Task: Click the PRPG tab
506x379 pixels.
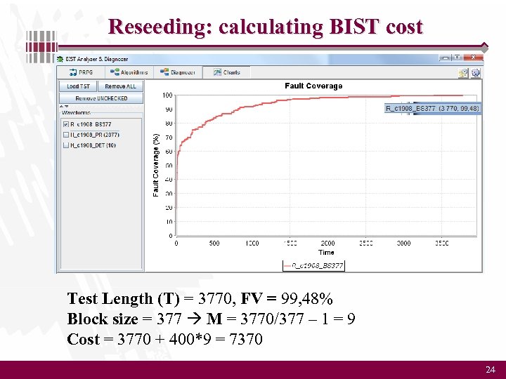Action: point(82,72)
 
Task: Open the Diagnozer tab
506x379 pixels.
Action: point(178,72)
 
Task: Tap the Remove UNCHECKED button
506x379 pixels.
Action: point(101,98)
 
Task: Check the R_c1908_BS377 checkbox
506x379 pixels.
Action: point(65,124)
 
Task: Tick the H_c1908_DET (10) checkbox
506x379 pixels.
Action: point(65,145)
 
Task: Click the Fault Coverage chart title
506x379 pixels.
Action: point(313,86)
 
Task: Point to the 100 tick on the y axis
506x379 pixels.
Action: point(167,95)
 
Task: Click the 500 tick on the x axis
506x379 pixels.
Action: point(214,244)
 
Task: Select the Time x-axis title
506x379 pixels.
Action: point(326,252)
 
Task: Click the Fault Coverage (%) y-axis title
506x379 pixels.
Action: point(156,165)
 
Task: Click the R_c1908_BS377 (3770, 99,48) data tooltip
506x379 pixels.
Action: point(432,108)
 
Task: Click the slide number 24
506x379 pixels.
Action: point(490,369)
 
